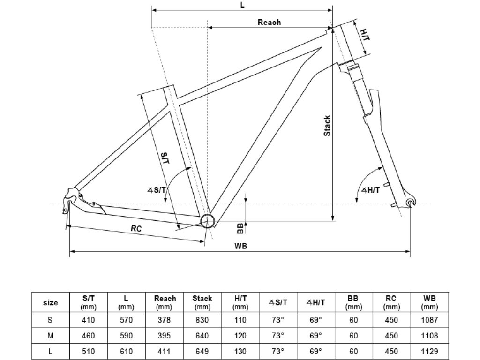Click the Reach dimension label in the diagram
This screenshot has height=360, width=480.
(269, 22)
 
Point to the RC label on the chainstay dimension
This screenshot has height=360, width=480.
(136, 228)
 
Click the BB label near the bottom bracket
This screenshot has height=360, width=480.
(240, 228)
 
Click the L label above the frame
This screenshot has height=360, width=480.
(242, 5)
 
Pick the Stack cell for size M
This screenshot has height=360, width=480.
(202, 336)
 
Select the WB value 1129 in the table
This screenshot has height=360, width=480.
(429, 351)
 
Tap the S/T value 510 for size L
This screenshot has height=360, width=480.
(88, 351)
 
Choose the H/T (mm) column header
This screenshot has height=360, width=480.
(240, 302)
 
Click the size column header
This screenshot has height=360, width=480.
(50, 303)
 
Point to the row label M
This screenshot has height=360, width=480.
(50, 336)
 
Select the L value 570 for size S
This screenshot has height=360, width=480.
(126, 320)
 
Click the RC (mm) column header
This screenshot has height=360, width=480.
(391, 302)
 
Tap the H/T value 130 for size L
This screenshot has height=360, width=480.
(240, 351)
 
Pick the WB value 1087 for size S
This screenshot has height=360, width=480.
(429, 320)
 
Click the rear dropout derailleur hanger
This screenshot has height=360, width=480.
(69, 205)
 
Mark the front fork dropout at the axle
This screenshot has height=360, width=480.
(411, 202)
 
